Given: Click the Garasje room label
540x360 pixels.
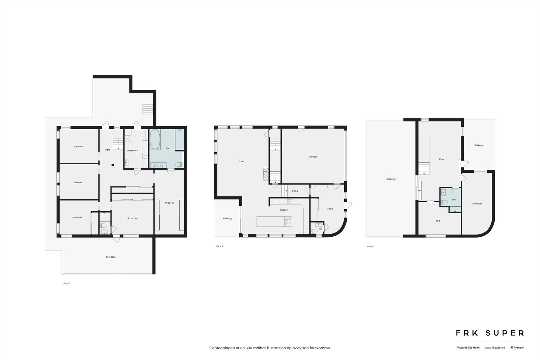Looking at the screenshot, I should click(x=313, y=157).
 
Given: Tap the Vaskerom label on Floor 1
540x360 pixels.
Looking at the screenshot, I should click(x=132, y=150).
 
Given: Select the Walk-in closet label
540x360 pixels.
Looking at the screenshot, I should click(x=169, y=203).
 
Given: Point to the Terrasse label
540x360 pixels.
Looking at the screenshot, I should click(x=111, y=257).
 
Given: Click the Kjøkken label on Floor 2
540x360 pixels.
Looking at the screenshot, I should click(x=284, y=210).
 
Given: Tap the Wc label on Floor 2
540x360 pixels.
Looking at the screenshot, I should click(x=320, y=229).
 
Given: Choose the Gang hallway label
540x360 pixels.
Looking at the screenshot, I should click(x=295, y=191).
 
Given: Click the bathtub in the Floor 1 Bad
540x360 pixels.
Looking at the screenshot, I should click(x=155, y=140).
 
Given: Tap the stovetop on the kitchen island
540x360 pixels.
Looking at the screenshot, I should click(x=289, y=222).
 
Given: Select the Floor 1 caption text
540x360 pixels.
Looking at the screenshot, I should click(x=67, y=283).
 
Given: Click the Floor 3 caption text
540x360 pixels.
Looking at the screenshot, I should click(x=371, y=247).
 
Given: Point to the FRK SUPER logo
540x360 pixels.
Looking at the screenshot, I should click(x=490, y=333).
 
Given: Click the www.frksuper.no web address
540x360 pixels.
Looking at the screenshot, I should click(x=495, y=348).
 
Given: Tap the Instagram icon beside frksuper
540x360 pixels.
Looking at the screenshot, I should click(x=512, y=348).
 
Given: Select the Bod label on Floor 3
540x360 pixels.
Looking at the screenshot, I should click(x=438, y=221).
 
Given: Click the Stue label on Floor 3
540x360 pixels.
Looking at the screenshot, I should click(x=441, y=159).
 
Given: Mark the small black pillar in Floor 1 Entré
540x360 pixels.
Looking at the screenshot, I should click(x=113, y=165).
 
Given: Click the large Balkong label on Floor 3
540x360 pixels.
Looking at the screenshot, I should click(x=391, y=179).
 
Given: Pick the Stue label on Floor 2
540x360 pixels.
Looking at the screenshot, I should click(x=242, y=161).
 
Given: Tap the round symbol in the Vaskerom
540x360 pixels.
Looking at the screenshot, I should click(x=128, y=138).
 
